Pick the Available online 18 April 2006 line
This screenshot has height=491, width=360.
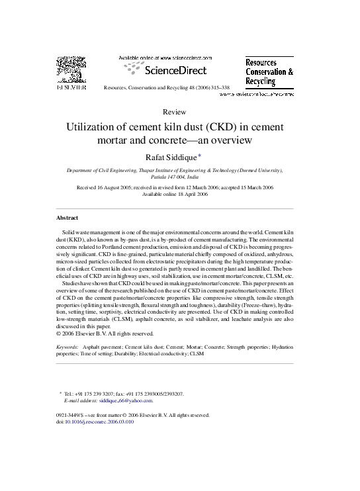click(180, 194)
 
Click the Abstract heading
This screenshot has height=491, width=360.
click(68, 217)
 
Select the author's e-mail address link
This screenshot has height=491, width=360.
click(130, 400)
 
